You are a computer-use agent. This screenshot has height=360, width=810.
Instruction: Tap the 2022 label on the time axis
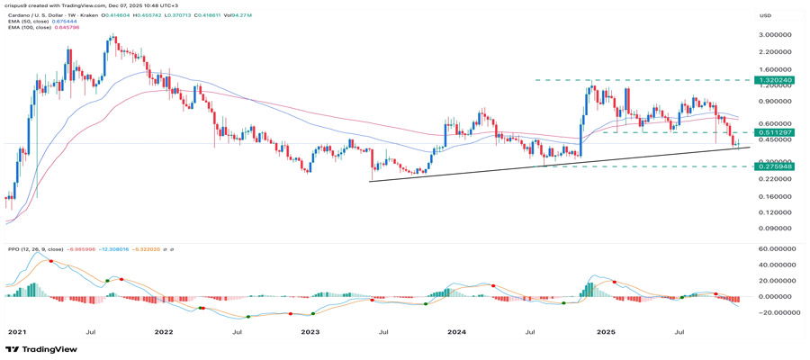click(163, 331)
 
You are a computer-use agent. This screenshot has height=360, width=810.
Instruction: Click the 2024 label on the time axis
click(457, 331)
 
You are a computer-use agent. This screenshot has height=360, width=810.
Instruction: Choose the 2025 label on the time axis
click(606, 331)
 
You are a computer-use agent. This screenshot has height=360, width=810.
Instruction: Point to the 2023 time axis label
click(310, 331)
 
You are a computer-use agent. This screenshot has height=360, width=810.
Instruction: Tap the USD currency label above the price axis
click(767, 15)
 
